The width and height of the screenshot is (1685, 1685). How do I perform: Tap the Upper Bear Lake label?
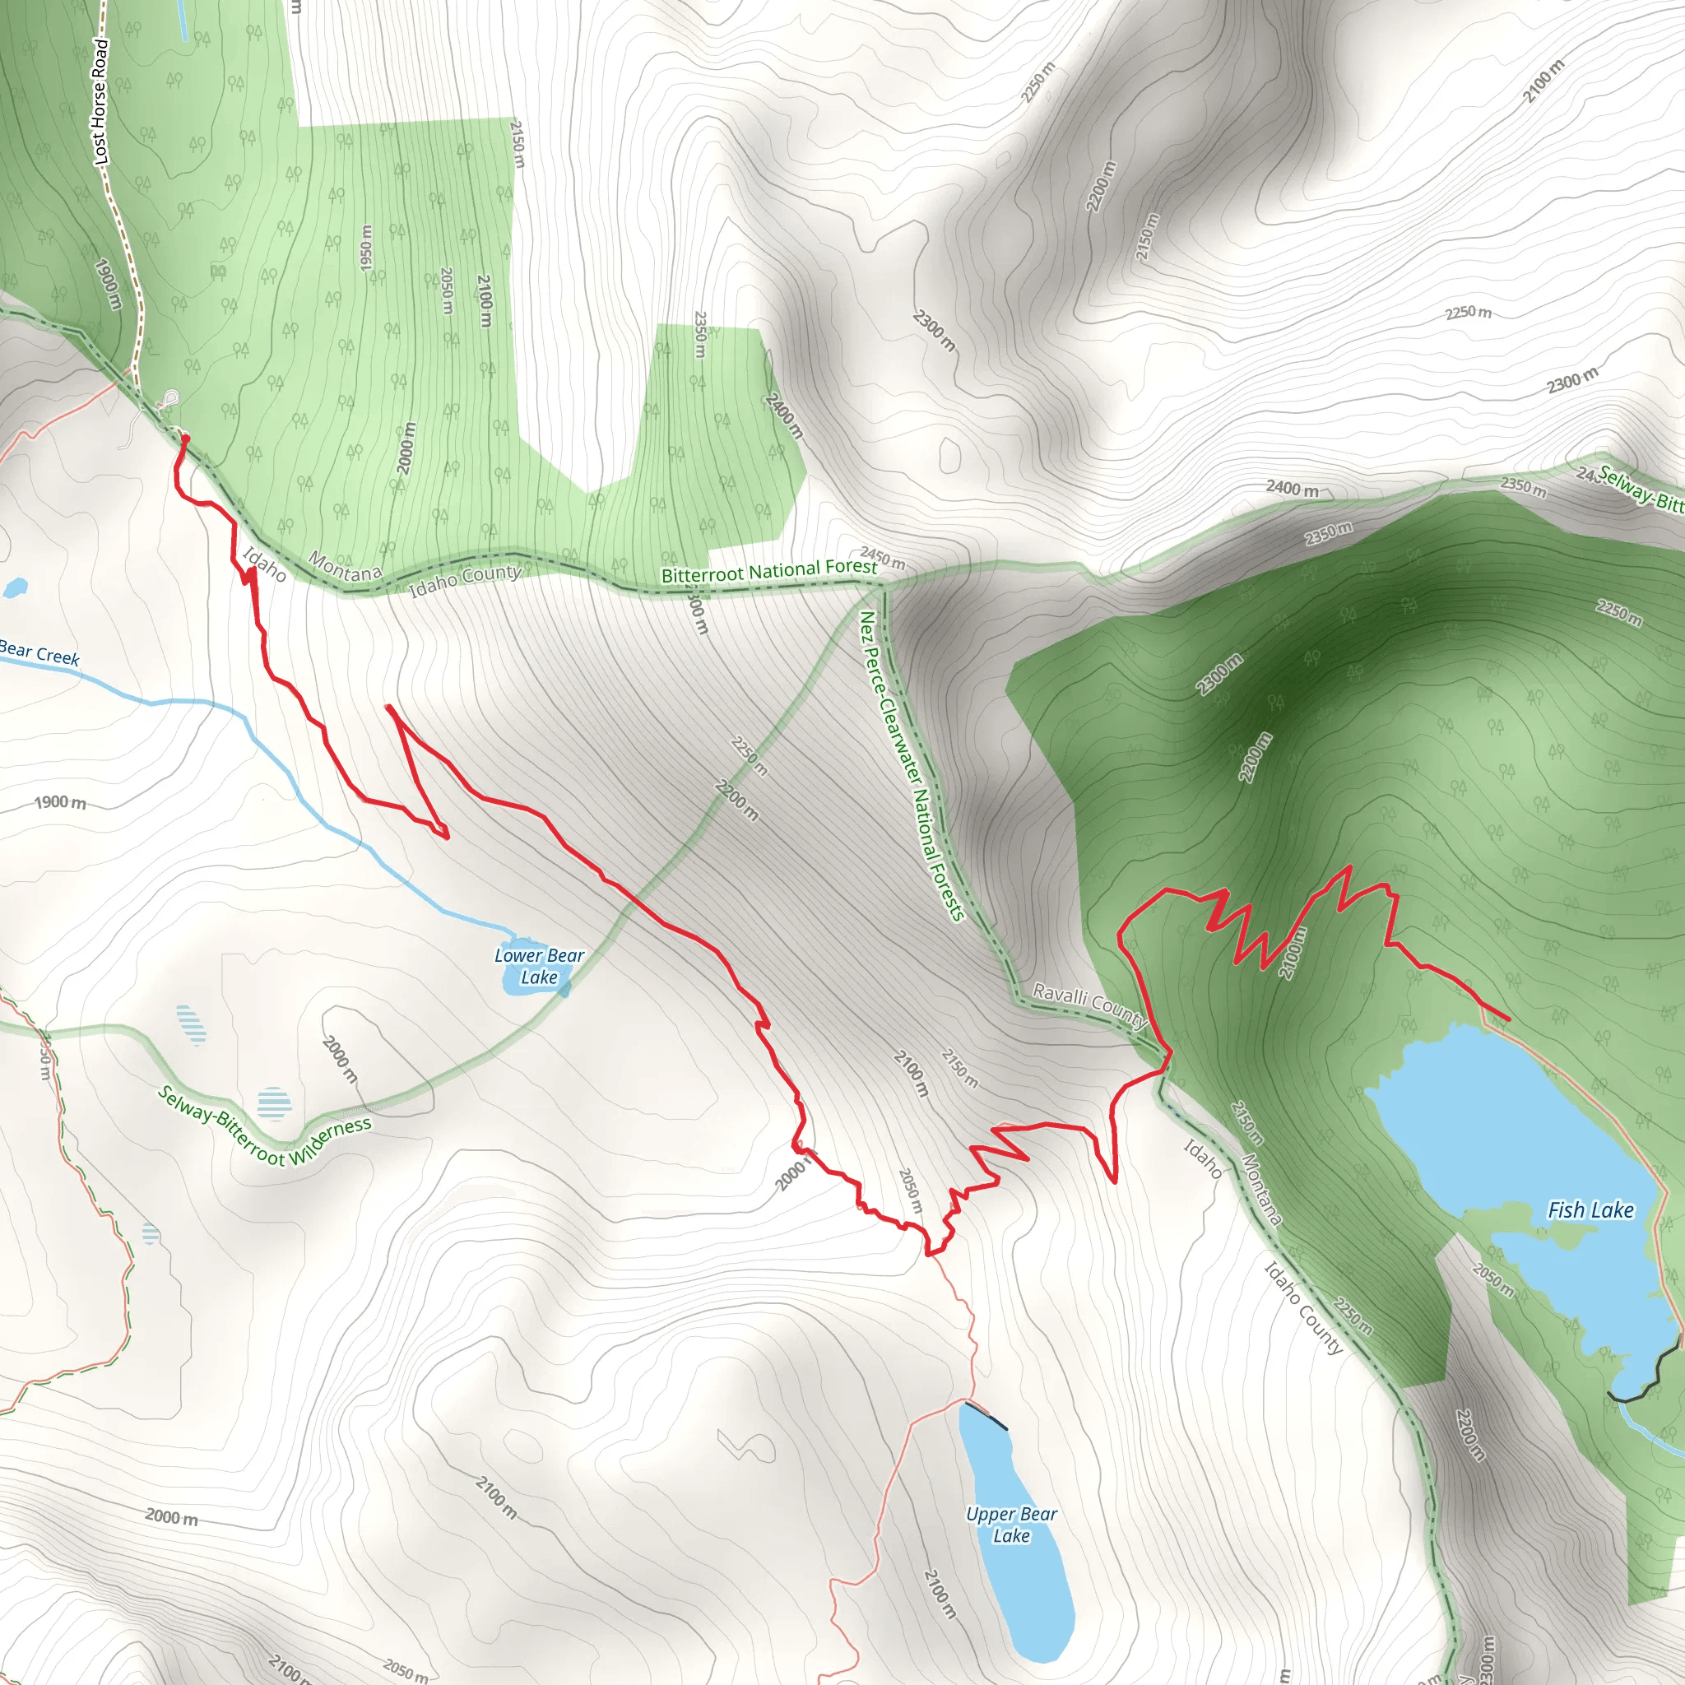(x=1011, y=1525)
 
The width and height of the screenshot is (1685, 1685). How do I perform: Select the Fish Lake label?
(x=1590, y=1209)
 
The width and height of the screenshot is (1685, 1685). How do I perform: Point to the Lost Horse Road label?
(x=101, y=102)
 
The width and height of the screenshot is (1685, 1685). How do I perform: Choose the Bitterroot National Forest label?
(x=768, y=570)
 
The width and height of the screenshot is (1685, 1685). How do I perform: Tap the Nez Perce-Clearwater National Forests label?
(x=912, y=766)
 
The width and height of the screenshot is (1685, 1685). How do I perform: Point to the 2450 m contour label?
(x=882, y=556)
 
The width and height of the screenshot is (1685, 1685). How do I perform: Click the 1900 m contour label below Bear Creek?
(x=60, y=801)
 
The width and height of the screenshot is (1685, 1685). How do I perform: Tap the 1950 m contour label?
(x=366, y=248)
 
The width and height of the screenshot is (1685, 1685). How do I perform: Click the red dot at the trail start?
(x=184, y=439)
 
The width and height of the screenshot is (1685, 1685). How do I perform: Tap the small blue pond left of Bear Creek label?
(x=15, y=587)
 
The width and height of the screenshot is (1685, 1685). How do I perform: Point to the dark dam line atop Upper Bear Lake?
(x=986, y=1415)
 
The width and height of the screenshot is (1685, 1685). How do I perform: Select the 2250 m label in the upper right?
(x=1468, y=311)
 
